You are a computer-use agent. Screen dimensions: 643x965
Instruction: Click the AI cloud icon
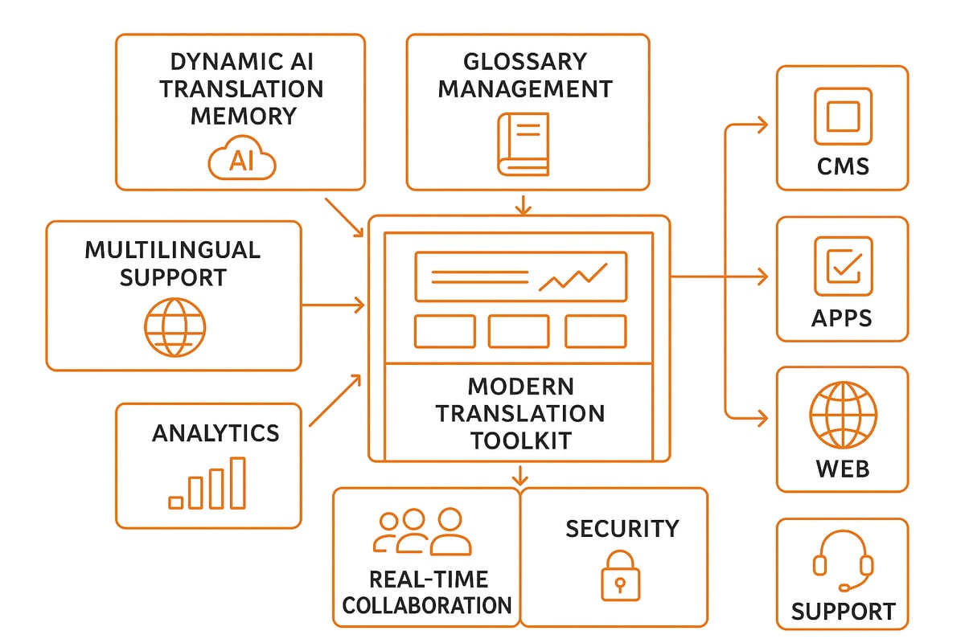click(x=241, y=161)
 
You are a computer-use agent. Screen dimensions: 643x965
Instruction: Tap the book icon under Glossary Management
click(x=523, y=144)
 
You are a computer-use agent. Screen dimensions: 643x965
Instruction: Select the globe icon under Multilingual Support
click(x=175, y=328)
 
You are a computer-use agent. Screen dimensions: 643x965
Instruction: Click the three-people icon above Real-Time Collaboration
click(x=422, y=532)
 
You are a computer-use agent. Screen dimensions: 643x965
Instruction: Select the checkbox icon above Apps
click(x=842, y=266)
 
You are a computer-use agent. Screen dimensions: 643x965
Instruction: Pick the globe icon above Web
click(x=842, y=415)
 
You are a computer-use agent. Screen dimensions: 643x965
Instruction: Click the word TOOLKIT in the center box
click(x=520, y=440)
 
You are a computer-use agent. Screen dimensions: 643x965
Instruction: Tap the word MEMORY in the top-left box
click(x=243, y=116)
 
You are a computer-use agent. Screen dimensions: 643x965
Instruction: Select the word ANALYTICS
click(x=216, y=433)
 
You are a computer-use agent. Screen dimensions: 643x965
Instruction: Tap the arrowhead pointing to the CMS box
click(x=762, y=125)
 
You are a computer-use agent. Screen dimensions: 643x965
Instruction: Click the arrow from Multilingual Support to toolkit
click(x=334, y=305)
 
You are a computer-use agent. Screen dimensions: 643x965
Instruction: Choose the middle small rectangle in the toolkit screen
click(x=519, y=331)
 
